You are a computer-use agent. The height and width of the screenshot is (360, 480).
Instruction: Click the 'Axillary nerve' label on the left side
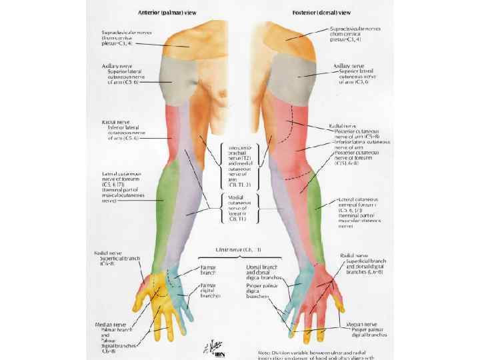109,67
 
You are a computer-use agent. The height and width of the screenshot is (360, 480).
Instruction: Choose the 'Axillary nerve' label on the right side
348,67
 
